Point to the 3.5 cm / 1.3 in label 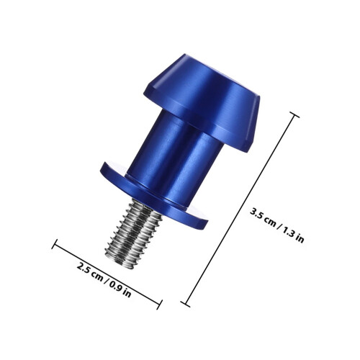(277, 225)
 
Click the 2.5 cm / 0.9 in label (104, 280)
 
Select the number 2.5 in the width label (84, 269)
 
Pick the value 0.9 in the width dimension (116, 287)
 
